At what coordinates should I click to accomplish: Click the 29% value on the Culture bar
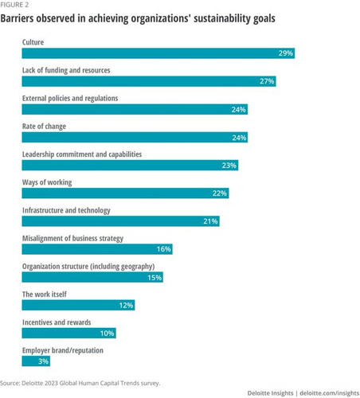(x=286, y=53)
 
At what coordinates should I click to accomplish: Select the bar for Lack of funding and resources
(x=149, y=81)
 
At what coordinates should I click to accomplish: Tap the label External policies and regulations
(x=70, y=99)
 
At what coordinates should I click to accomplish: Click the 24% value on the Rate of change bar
(x=239, y=138)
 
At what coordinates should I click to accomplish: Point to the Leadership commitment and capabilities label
(x=82, y=154)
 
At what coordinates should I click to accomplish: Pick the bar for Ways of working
(x=125, y=193)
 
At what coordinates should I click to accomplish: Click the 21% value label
(x=210, y=221)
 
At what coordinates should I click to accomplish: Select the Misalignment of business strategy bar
(x=97, y=249)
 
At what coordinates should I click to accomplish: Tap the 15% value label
(x=155, y=278)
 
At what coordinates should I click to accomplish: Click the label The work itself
(x=45, y=295)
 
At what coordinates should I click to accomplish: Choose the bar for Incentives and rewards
(x=69, y=333)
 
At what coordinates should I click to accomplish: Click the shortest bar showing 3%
(x=36, y=361)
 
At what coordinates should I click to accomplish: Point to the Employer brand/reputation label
(x=63, y=350)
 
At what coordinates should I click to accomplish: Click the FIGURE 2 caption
(x=14, y=5)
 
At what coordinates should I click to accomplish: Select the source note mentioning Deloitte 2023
(x=80, y=383)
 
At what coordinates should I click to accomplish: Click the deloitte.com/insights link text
(x=329, y=393)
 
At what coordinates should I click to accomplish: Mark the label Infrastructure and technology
(x=66, y=210)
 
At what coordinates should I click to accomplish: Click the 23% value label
(x=229, y=166)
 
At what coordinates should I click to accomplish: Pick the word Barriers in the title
(x=17, y=18)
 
